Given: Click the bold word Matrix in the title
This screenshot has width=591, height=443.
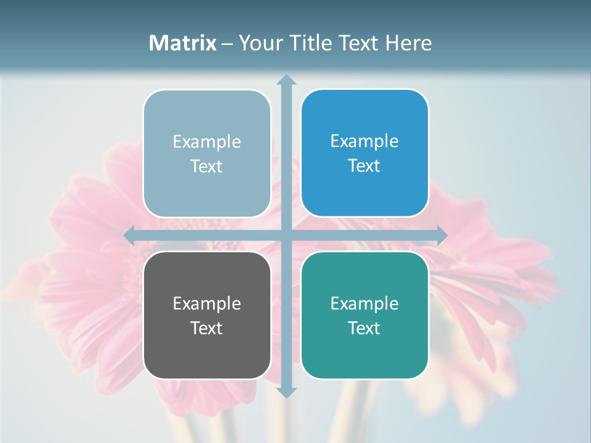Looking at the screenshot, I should click(x=183, y=43).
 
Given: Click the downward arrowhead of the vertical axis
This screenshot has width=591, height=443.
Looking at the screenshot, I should click(x=286, y=393).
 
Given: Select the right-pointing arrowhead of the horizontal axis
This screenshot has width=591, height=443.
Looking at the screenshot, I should click(x=442, y=234).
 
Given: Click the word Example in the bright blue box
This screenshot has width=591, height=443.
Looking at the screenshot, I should click(x=364, y=142).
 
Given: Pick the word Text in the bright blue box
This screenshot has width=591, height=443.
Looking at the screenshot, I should click(x=364, y=166).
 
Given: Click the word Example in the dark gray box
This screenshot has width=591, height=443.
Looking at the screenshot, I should click(x=207, y=303).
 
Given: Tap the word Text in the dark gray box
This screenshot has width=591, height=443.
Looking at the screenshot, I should click(x=207, y=328).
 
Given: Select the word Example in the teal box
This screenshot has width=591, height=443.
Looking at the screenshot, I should click(x=364, y=303).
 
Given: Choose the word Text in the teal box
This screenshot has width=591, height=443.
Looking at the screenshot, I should click(x=364, y=328).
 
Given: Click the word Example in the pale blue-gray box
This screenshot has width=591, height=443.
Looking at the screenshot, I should click(x=207, y=142).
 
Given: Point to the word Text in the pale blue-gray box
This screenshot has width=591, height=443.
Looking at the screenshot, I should click(x=207, y=167).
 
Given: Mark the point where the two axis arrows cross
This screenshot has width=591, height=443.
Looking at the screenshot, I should click(x=286, y=234).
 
